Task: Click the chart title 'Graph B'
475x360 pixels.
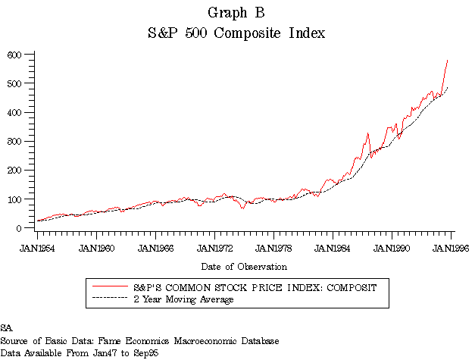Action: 237,13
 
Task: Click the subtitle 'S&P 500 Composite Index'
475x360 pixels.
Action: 237,33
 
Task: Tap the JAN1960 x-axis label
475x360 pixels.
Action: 95,247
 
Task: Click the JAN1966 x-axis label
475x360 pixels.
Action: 155,247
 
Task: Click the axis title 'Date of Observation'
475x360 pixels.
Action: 244,267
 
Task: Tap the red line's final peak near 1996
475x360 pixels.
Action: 448,60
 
